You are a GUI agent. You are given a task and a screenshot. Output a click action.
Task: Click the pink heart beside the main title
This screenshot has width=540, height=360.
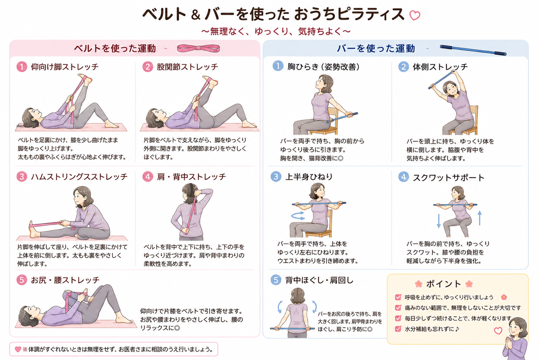pyautogui.click(x=414, y=15)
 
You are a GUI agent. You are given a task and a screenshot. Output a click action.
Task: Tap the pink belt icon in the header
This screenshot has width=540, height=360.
pyautogui.click(x=198, y=48)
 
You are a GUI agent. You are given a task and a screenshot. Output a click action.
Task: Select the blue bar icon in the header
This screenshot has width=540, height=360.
pyautogui.click(x=473, y=50)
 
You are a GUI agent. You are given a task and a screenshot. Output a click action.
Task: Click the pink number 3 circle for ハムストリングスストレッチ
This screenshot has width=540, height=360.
pyautogui.click(x=22, y=177)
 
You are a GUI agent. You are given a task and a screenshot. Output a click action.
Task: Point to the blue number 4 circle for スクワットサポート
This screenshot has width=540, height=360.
pyautogui.click(x=404, y=177)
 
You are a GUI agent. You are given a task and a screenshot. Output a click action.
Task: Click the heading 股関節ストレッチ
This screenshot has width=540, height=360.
pyautogui.click(x=187, y=67)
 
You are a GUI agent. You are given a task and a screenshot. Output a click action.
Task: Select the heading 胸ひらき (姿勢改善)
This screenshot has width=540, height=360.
pyautogui.click(x=324, y=67)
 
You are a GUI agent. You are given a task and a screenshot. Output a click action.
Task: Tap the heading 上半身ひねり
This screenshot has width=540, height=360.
pyautogui.click(x=309, y=177)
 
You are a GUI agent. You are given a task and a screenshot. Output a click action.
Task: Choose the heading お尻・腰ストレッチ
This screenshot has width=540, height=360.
pyautogui.click(x=65, y=280)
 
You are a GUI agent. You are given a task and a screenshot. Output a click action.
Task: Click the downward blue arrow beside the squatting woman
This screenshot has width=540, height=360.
pyautogui.click(x=439, y=221)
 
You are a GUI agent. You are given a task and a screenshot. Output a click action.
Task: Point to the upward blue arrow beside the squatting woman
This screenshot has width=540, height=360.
pyautogui.click(x=480, y=218)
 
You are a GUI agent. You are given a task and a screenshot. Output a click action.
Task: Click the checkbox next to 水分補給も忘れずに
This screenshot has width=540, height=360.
pyautogui.click(x=398, y=328)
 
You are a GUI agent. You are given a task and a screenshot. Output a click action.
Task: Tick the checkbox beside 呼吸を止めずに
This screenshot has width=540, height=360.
pyautogui.click(x=398, y=297)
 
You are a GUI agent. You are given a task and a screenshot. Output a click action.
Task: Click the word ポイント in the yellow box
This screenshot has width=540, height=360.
pyautogui.click(x=444, y=284)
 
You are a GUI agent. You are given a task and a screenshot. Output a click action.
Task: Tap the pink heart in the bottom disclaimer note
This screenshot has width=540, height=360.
pyautogui.click(x=18, y=349)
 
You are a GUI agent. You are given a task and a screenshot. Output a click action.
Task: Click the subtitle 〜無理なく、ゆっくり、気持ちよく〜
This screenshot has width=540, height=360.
pyautogui.click(x=275, y=31)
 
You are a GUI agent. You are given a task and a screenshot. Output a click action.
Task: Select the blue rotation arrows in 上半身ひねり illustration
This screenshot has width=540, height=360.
pyautogui.click(x=298, y=216)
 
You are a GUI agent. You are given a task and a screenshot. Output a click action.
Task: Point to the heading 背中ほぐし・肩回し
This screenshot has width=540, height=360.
pyautogui.click(x=319, y=280)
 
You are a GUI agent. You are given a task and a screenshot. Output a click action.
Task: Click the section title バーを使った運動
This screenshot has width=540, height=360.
pyautogui.click(x=376, y=49)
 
